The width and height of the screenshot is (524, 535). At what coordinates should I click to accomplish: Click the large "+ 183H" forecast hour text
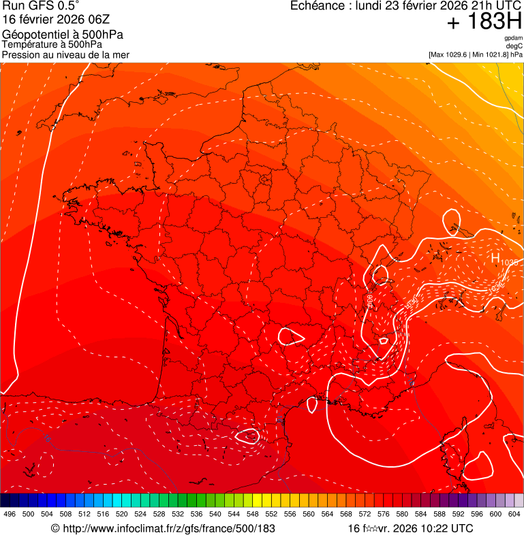pyautogui.click(x=484, y=22)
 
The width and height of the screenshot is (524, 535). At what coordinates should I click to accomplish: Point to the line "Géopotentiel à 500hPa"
pyautogui.click(x=63, y=35)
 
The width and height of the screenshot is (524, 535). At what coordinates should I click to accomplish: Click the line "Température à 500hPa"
pyautogui.click(x=57, y=44)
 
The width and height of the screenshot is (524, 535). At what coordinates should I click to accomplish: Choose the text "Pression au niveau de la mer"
pyautogui.click(x=65, y=54)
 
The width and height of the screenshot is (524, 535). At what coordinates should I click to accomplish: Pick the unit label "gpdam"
pyautogui.click(x=513, y=38)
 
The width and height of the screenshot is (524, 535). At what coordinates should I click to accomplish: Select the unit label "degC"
pyautogui.click(x=514, y=46)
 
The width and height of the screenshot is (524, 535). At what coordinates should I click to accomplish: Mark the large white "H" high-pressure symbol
pyautogui.click(x=495, y=258)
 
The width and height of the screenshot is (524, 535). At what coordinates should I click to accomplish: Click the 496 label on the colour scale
pyautogui.click(x=10, y=514)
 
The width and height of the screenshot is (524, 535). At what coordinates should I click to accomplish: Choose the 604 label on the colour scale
pyautogui.click(x=514, y=514)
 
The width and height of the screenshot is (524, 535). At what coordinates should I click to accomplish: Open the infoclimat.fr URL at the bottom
pyautogui.click(x=168, y=528)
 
